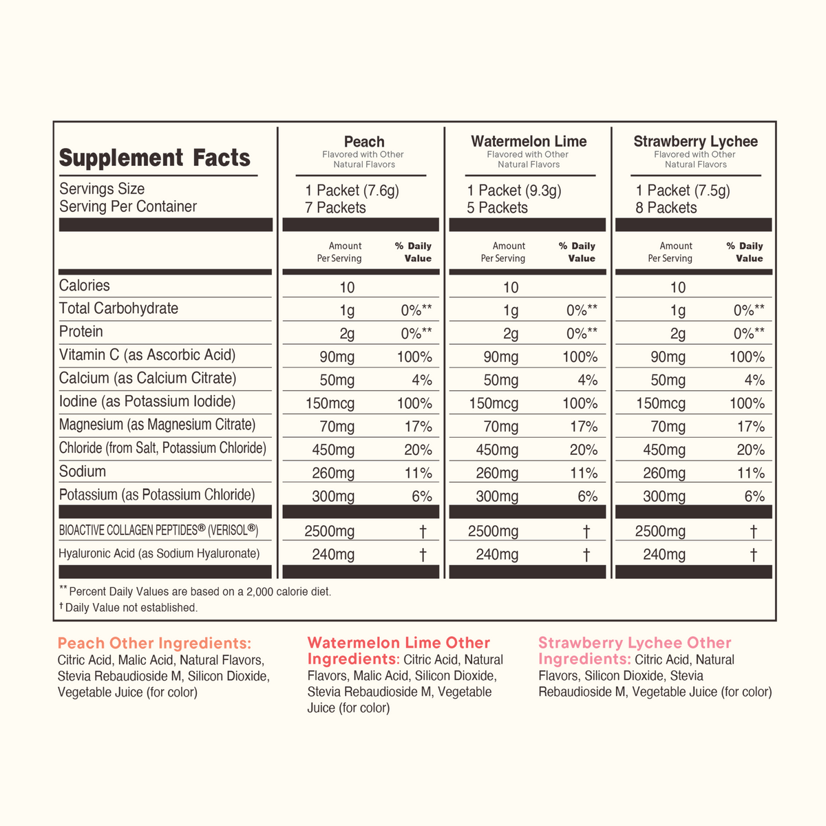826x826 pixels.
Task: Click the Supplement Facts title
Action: coord(154,158)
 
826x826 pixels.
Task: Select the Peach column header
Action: coord(364,142)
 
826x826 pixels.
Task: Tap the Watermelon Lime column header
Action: coord(529,142)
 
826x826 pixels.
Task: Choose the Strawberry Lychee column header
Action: coord(695,142)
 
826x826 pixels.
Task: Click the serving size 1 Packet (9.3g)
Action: coord(514,190)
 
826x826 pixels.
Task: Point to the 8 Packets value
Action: coord(666,208)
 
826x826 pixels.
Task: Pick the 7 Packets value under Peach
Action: coord(335,208)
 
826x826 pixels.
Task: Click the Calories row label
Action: coord(84,286)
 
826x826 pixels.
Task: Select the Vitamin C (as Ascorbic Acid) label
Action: coord(147,355)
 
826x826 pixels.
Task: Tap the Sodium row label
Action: coord(83,472)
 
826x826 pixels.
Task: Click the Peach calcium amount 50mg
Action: coord(337,380)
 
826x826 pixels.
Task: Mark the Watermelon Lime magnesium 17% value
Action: coord(584,427)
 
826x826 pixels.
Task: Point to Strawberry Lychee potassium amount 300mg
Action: coord(664,496)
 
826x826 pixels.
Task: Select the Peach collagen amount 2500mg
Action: coord(329,531)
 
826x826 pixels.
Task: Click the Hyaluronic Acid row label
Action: coord(159,553)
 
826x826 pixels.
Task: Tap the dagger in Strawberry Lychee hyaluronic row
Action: coord(753,555)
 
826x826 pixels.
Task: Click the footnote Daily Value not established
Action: coord(129,607)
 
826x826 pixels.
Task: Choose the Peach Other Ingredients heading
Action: coord(154,643)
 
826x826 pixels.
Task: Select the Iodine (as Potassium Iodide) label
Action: coord(147,401)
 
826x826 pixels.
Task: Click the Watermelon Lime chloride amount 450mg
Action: coord(497,450)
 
